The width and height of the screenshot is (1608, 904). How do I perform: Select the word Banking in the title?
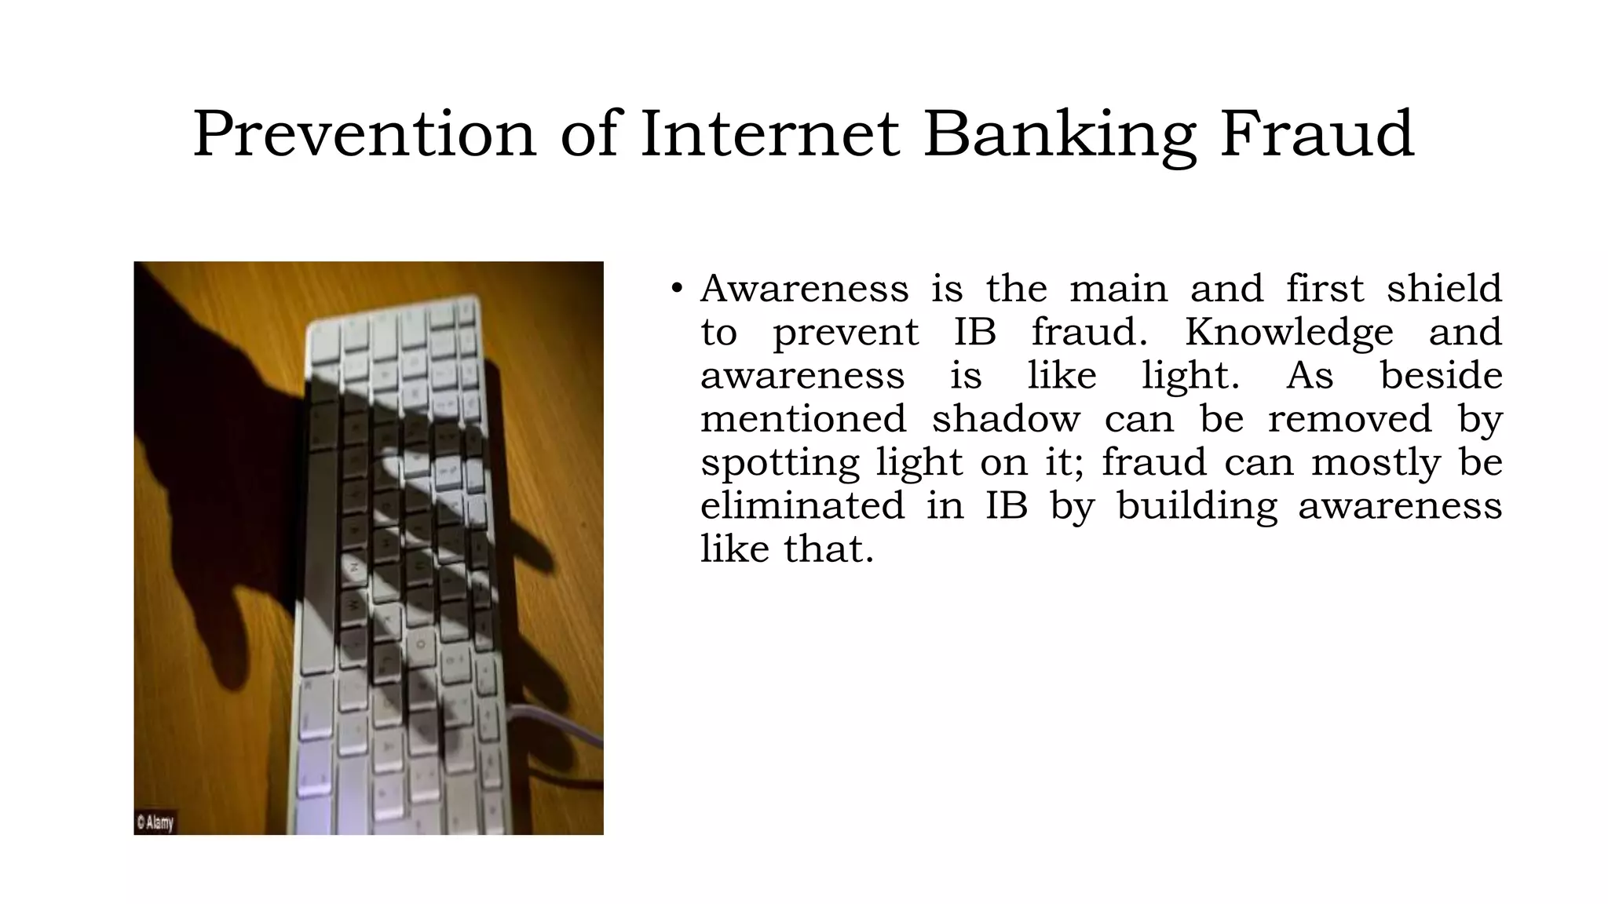click(1060, 135)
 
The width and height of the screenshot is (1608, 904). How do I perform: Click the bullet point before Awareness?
click(677, 289)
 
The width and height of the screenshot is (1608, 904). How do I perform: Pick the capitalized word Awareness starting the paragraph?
click(804, 288)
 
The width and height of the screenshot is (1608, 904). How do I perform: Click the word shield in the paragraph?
click(1444, 288)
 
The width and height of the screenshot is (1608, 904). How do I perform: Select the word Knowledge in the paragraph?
click(1288, 333)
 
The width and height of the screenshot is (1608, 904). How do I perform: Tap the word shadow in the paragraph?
click(1005, 418)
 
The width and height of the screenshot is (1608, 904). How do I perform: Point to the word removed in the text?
click(1350, 418)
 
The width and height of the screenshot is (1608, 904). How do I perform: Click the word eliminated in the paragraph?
click(802, 505)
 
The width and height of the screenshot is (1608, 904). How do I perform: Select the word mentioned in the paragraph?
click(803, 418)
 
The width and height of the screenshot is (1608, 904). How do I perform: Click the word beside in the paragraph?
click(1441, 375)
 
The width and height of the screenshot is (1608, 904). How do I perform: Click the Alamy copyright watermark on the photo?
click(155, 822)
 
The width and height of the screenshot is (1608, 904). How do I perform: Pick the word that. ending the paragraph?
click(828, 549)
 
